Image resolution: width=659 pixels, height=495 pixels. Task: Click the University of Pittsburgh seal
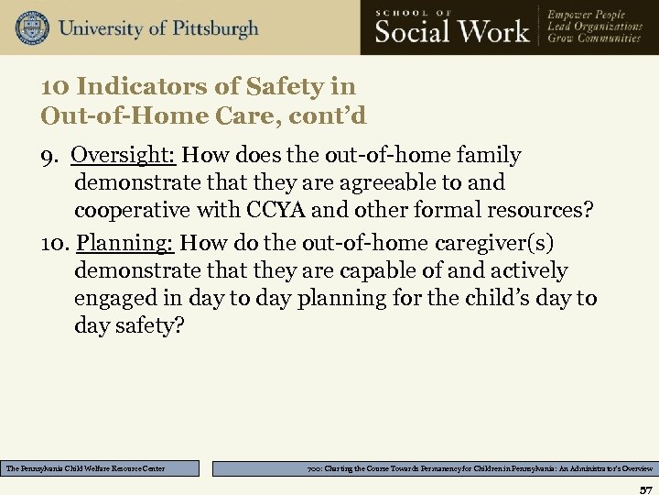click(32, 28)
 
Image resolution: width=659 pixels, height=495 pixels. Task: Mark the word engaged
click(116, 298)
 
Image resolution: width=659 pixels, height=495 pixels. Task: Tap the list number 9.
click(50, 156)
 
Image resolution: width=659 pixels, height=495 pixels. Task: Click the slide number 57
click(644, 487)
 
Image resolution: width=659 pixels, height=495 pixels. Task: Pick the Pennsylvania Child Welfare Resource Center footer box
click(100, 468)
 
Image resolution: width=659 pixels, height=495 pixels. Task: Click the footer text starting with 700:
click(435, 468)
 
